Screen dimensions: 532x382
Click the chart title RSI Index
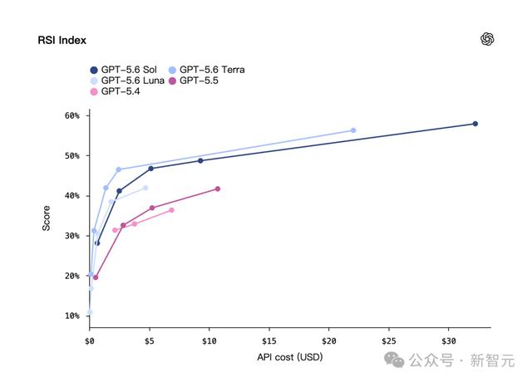click(x=62, y=41)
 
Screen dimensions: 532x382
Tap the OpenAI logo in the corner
click(x=487, y=39)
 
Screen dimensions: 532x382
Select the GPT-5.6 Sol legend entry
click(x=124, y=70)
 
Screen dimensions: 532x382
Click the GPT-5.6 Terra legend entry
click(x=207, y=70)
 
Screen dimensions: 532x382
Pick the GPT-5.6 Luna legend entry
click(x=127, y=81)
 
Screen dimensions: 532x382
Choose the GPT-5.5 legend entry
click(x=194, y=81)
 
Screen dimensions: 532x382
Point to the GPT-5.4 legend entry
click(x=115, y=91)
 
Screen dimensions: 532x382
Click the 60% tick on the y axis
click(x=72, y=116)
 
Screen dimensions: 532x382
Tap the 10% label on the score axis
click(x=72, y=316)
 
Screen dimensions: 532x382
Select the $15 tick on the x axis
click(x=269, y=341)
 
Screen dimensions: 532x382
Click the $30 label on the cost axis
click(x=449, y=341)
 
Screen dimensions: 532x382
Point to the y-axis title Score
click(x=47, y=218)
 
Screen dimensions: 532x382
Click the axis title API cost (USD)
click(x=290, y=357)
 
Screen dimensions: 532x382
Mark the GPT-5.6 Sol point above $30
click(x=475, y=124)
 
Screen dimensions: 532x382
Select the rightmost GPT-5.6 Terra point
click(x=353, y=130)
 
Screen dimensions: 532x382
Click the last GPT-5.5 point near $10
click(x=218, y=189)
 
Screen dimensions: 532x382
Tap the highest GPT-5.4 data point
click(x=171, y=210)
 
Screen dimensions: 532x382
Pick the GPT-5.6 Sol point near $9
click(x=200, y=160)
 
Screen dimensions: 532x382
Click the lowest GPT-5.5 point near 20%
click(x=96, y=277)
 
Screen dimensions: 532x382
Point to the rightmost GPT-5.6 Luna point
click(x=145, y=188)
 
